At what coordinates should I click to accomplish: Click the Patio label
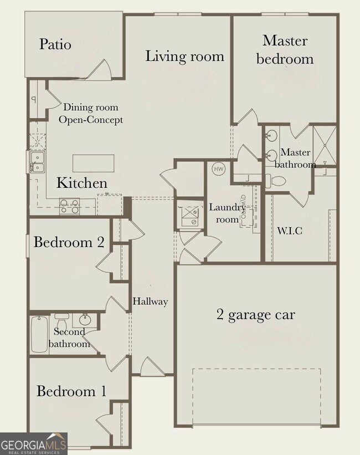[55, 44]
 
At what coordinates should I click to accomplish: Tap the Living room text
[184, 56]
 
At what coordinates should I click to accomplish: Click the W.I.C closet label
[289, 231]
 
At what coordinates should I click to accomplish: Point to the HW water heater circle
[218, 168]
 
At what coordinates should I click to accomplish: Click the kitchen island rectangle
[94, 163]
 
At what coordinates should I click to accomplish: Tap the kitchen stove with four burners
[69, 206]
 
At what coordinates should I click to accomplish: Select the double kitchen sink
[37, 162]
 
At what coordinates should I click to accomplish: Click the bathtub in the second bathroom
[39, 334]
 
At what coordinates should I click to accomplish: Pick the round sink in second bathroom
[85, 320]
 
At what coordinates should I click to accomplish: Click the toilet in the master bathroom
[275, 181]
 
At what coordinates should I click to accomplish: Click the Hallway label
[150, 302]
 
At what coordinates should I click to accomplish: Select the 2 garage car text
[255, 315]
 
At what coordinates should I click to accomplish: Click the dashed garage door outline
[256, 396]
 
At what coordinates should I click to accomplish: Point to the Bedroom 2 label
[63, 242]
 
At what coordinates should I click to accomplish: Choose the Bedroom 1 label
[71, 391]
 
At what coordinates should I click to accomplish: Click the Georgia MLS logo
[33, 443]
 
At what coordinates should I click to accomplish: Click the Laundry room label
[227, 213]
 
